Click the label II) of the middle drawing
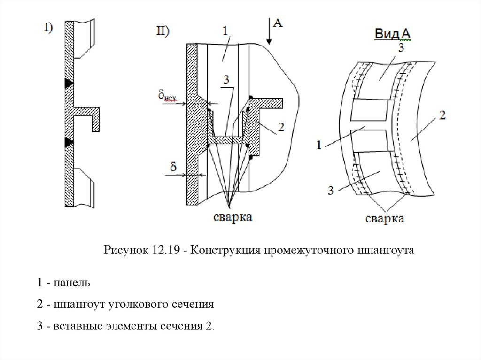pyautogui.click(x=163, y=31)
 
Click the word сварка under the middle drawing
pyautogui.click(x=233, y=217)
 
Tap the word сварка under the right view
pyautogui.click(x=385, y=219)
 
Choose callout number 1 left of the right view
pyautogui.click(x=319, y=145)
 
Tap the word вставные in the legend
pyautogui.click(x=73, y=326)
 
